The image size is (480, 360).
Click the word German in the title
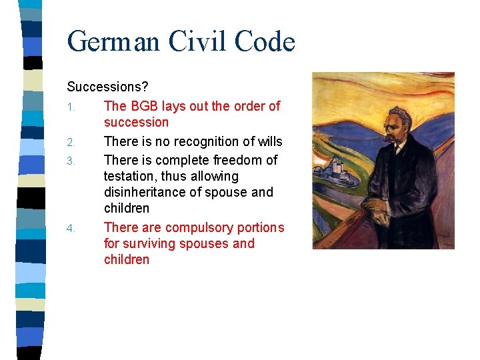click(114, 41)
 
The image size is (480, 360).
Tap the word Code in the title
click(264, 41)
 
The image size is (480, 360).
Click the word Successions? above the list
click(107, 87)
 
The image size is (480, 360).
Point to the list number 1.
click(71, 107)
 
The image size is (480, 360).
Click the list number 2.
click(71, 142)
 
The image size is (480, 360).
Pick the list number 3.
click(71, 161)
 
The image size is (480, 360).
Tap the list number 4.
click(71, 229)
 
